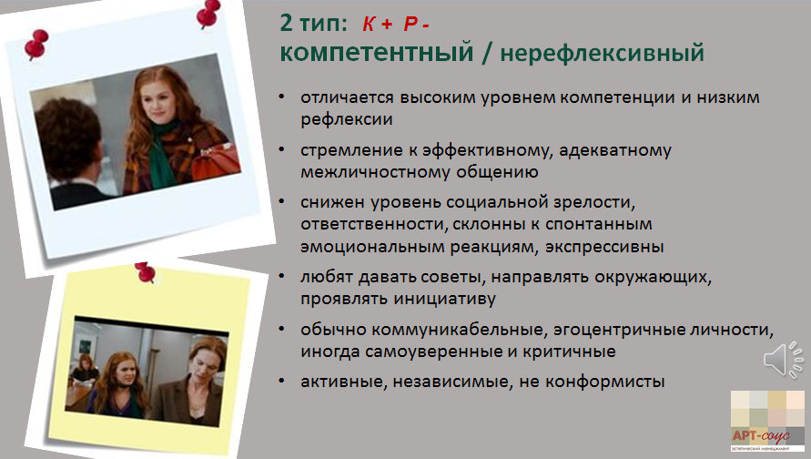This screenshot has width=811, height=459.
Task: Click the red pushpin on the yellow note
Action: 146,272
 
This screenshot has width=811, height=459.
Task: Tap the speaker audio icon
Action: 783,359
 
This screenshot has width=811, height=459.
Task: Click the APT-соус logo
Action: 766,421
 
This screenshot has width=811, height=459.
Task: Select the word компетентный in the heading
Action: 377,53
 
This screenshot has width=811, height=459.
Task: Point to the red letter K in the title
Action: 369,24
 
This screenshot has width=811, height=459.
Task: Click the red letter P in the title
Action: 411,24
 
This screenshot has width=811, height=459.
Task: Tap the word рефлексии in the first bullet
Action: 347,120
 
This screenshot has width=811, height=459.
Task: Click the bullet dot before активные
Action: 281,381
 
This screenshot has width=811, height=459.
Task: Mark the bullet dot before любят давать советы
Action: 281,276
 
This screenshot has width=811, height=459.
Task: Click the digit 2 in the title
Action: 286,24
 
